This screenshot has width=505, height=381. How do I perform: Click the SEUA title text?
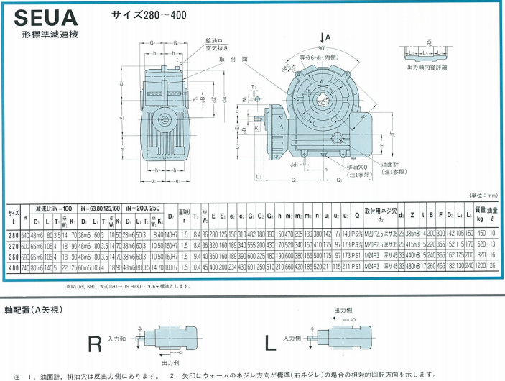click(x=42, y=17)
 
